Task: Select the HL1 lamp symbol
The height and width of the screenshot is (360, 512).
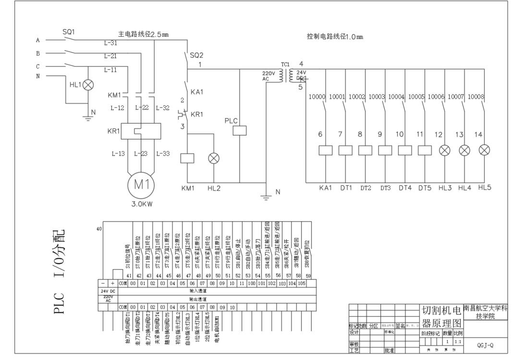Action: pyautogui.click(x=89, y=85)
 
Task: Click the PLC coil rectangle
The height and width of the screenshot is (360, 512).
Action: pyautogui.click(x=239, y=130)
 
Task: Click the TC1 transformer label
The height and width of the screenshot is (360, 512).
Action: pyautogui.click(x=286, y=64)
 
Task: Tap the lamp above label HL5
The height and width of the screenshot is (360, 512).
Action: pyautogui.click(x=484, y=150)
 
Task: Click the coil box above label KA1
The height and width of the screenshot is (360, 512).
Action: pyautogui.click(x=326, y=150)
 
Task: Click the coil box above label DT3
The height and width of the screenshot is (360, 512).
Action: pyautogui.click(x=385, y=150)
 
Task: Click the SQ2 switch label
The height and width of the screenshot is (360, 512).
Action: pyautogui.click(x=196, y=55)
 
